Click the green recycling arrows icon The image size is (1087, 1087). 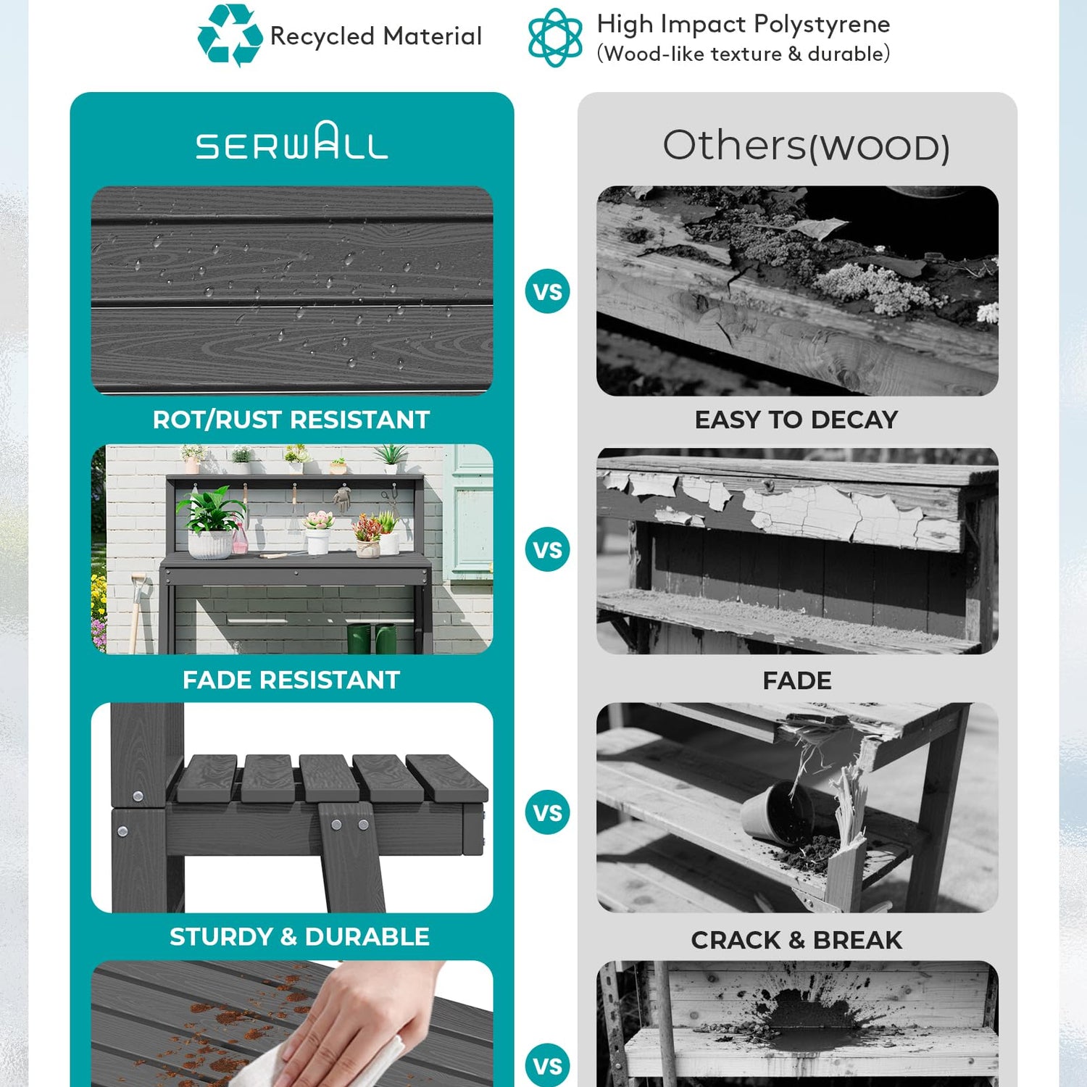click(230, 35)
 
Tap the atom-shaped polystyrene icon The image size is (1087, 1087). click(555, 37)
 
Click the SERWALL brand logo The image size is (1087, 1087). click(292, 141)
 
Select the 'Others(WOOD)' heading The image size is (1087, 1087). click(806, 145)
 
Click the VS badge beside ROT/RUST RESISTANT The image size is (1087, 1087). click(547, 291)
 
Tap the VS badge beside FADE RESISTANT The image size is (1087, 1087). click(547, 549)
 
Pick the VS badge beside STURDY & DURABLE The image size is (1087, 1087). click(547, 812)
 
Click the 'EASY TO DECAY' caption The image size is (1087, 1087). click(796, 420)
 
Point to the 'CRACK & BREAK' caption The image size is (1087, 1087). click(796, 940)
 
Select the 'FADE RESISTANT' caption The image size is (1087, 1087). click(291, 680)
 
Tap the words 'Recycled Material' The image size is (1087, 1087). click(375, 36)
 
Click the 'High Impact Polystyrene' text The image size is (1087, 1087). click(744, 25)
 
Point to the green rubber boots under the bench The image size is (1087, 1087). click(372, 638)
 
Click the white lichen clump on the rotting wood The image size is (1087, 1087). click(877, 287)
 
